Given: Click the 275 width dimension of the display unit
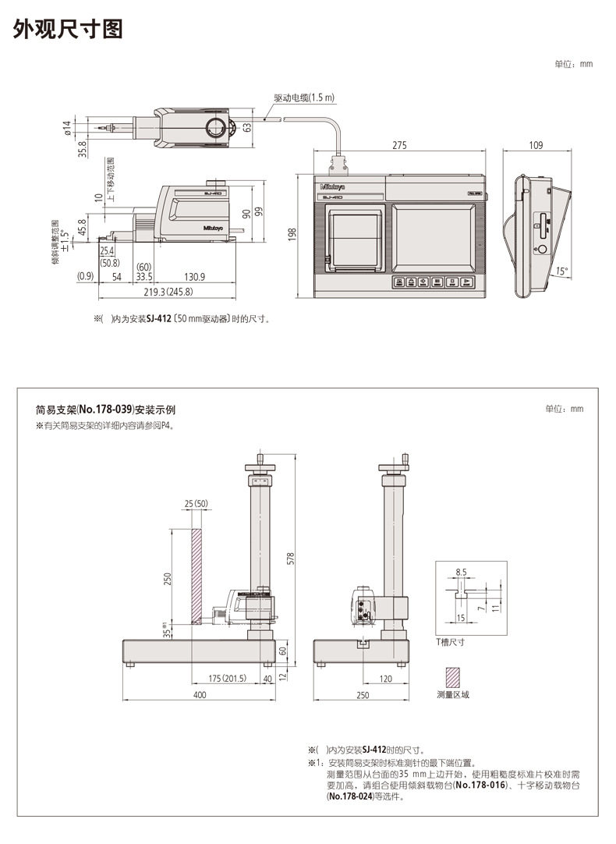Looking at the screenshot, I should (399, 145).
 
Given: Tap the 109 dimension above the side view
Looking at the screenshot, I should (536, 145).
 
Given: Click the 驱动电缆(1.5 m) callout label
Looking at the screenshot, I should (304, 98).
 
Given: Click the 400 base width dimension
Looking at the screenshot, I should (199, 694).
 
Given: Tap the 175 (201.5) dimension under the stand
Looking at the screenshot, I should (228, 679).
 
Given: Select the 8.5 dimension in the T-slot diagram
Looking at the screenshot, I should (461, 572).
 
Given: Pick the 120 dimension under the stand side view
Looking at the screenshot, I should (385, 679).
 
